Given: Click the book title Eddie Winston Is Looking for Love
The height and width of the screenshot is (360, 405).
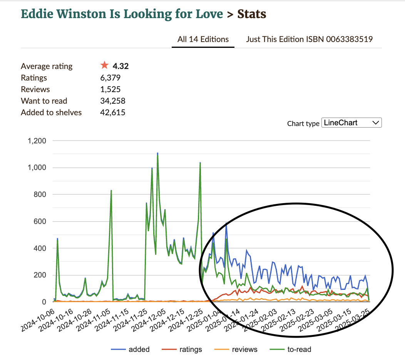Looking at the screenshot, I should [x=122, y=14].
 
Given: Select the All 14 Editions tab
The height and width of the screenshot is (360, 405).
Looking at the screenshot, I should [x=203, y=39].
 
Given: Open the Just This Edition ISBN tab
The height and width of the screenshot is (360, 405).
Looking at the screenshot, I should [x=309, y=39].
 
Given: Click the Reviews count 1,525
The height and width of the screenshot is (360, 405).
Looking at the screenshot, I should [x=110, y=89].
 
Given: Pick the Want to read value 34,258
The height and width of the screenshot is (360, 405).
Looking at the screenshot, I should [x=113, y=101].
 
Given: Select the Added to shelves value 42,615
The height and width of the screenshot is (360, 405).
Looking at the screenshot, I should [x=112, y=113].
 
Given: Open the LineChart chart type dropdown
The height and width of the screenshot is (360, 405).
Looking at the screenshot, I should [x=351, y=123].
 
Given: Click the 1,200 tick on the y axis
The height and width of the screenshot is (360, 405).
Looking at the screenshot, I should [x=37, y=141].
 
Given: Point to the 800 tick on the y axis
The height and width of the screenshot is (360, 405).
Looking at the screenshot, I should [x=40, y=195].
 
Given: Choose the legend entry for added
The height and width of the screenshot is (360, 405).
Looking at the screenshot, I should [x=130, y=350].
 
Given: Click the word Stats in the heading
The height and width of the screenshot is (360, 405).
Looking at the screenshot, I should [x=252, y=14].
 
